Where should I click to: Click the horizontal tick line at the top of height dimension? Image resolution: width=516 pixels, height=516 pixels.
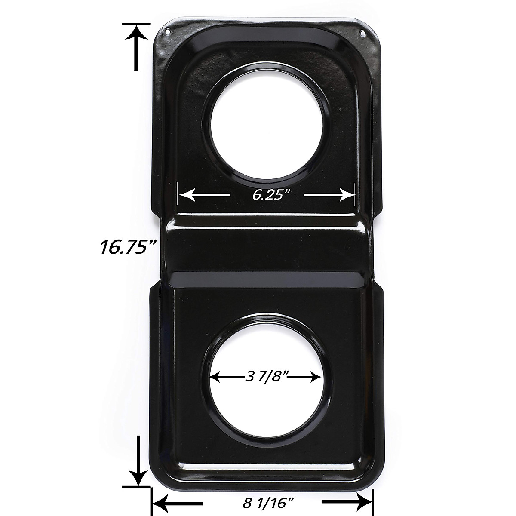coord(136,24)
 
